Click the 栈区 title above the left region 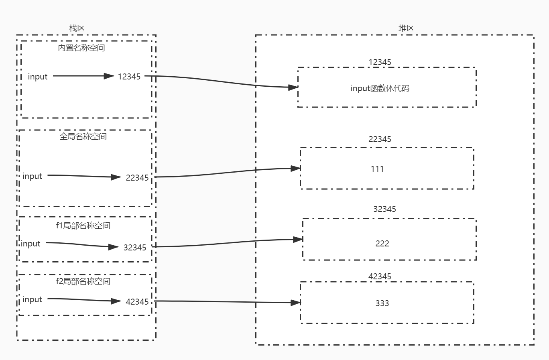click(77, 28)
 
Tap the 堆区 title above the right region click(406, 28)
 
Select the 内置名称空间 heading click(81, 48)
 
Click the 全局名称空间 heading click(83, 136)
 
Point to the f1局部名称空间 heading click(83, 226)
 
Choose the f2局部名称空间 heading click(83, 281)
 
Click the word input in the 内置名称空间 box click(38, 77)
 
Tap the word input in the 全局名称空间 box click(33, 176)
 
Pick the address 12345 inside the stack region click(129, 77)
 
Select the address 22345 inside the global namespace click(137, 178)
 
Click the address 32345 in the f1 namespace click(135, 248)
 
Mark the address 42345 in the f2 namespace click(137, 302)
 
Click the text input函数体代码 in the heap click(380, 88)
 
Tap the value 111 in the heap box click(377, 169)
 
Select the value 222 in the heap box click(382, 244)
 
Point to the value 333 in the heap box click(382, 303)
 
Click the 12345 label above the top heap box click(380, 62)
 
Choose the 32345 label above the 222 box click(384, 209)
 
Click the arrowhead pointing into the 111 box click(296, 169)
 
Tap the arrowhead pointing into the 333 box click(296, 303)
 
